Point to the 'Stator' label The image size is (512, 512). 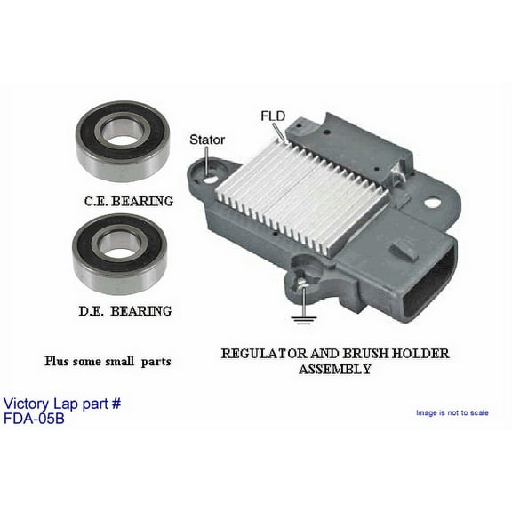click(x=207, y=140)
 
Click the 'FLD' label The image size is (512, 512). click(x=272, y=116)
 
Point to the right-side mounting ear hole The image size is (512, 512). click(x=432, y=203)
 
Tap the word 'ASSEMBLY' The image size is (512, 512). click(x=335, y=368)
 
